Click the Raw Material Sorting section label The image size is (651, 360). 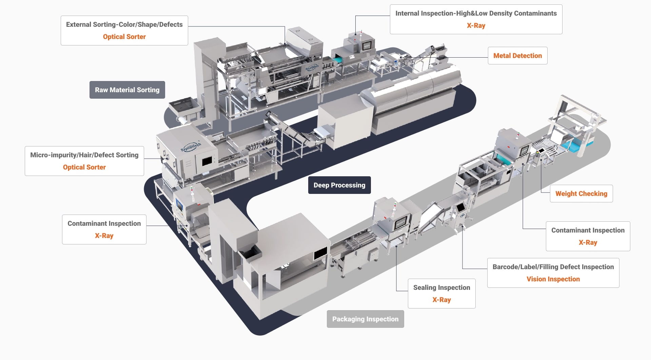coord(127,90)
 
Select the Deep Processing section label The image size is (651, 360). coord(339,185)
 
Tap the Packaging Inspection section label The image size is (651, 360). coord(365,319)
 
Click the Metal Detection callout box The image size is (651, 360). coord(517,56)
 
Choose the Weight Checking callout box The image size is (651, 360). coord(581,194)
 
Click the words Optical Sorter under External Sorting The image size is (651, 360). coord(124,37)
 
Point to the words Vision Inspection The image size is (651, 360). coord(553,279)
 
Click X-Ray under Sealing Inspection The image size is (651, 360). coord(441,300)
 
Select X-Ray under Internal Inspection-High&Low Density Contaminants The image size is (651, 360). coord(476,25)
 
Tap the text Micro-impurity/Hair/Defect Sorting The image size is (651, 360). coord(84,155)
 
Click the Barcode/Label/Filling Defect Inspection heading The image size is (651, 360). coord(553,267)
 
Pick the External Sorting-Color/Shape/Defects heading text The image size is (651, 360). coord(124,24)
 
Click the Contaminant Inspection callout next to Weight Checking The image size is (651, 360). coord(588,236)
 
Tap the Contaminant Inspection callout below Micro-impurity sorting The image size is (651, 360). coord(104,229)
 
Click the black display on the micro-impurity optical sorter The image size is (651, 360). coord(207,161)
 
